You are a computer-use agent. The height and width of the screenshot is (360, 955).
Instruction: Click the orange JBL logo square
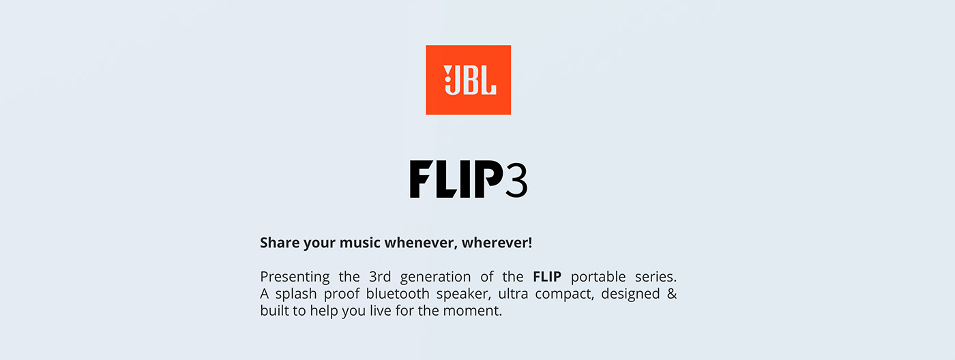pos(468,80)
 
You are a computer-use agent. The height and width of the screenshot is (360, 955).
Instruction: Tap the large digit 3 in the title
pos(516,179)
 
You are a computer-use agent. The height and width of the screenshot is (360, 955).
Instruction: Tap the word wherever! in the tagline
pos(497,243)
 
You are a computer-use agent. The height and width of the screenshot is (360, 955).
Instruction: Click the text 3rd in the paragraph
pos(380,277)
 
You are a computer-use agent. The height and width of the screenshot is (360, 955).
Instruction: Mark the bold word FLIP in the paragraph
pos(547,277)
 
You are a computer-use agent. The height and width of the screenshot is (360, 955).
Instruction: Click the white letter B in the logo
pos(469,80)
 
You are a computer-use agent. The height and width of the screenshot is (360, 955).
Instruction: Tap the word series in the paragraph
pos(656,277)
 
